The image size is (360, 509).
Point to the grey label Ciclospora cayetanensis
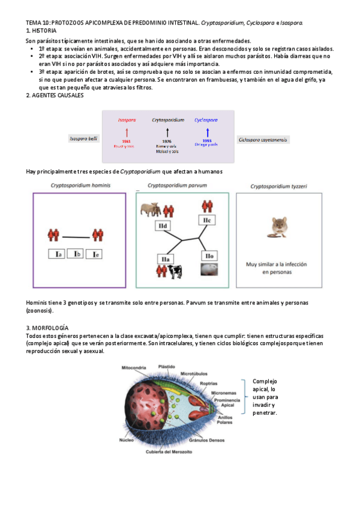[263, 140]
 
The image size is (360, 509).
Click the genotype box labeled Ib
[77, 254]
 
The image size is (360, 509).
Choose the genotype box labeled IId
[162, 226]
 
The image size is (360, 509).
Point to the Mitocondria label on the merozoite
[136, 367]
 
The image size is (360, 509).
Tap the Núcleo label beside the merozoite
[127, 440]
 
